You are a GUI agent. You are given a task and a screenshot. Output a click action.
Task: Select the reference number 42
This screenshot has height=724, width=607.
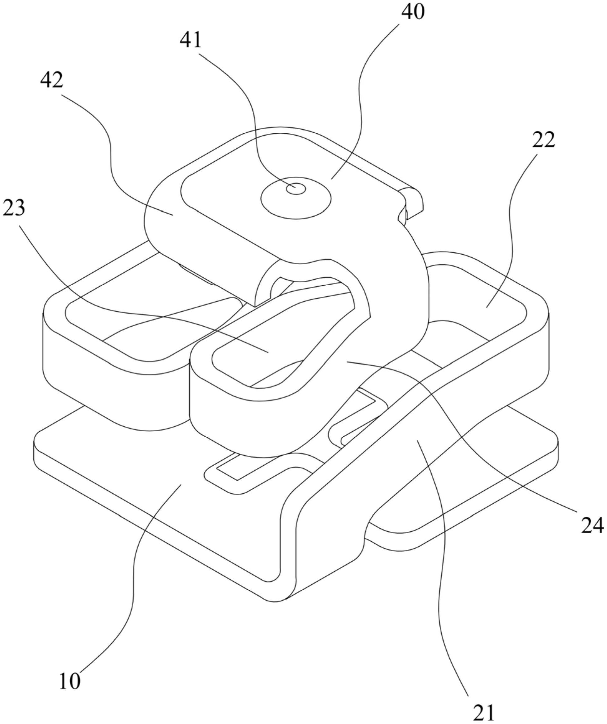52,80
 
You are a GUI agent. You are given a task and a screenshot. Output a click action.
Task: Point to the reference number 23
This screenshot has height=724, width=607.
14,209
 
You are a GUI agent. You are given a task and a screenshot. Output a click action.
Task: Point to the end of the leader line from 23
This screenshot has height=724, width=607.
268,352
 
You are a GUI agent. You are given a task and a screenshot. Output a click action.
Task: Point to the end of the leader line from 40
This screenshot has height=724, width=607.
331,179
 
